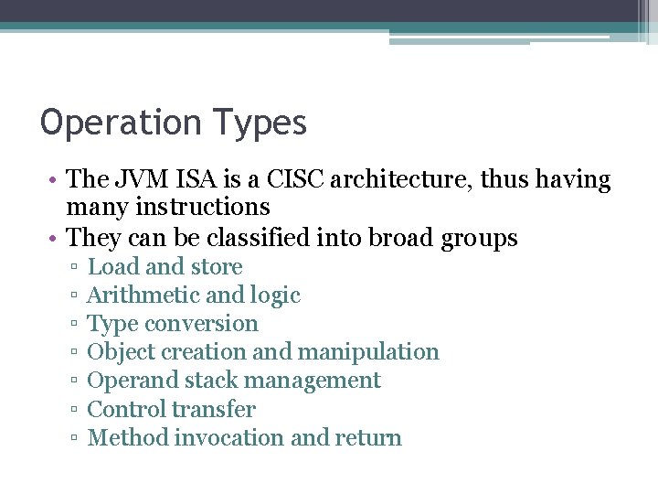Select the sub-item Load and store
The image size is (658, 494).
[x=164, y=267]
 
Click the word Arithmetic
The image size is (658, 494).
[x=139, y=295]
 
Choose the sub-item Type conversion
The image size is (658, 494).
[x=172, y=324]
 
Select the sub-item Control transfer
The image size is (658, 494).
[x=171, y=409]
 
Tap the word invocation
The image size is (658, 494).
[x=228, y=437]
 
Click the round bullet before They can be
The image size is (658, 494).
[x=56, y=239]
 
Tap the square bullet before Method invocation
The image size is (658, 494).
[x=71, y=439]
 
